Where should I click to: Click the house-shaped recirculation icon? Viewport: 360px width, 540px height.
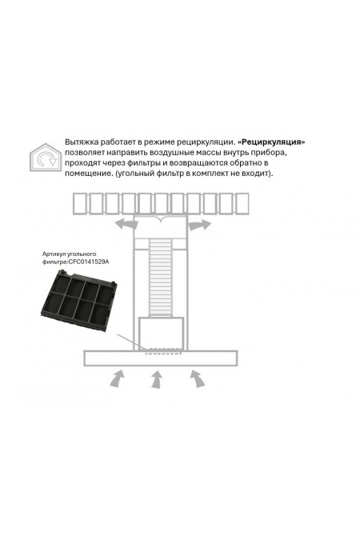click(x=45, y=158)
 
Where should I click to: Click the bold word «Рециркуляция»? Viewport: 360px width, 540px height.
click(x=271, y=142)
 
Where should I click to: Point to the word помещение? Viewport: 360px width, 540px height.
click(x=89, y=174)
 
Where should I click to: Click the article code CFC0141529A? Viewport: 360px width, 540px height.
click(x=88, y=262)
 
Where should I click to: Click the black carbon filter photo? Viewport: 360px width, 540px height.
click(x=78, y=301)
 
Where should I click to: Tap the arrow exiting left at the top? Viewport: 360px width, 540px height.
click(x=126, y=224)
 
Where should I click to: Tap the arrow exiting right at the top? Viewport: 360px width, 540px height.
click(x=199, y=225)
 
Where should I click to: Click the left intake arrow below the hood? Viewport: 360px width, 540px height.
click(x=117, y=378)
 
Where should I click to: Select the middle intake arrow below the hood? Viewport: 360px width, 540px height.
click(x=157, y=379)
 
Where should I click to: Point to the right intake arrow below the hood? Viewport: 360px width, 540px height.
click(x=198, y=378)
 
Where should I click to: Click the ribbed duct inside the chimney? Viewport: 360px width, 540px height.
click(x=160, y=278)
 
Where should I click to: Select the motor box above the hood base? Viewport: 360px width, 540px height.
click(x=161, y=334)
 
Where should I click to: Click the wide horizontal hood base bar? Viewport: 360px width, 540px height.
click(x=161, y=358)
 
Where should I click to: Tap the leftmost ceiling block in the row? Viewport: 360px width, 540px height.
click(x=81, y=203)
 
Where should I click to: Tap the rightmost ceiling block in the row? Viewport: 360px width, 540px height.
click(x=242, y=203)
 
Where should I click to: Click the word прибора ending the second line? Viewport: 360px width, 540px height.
click(x=272, y=153)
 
